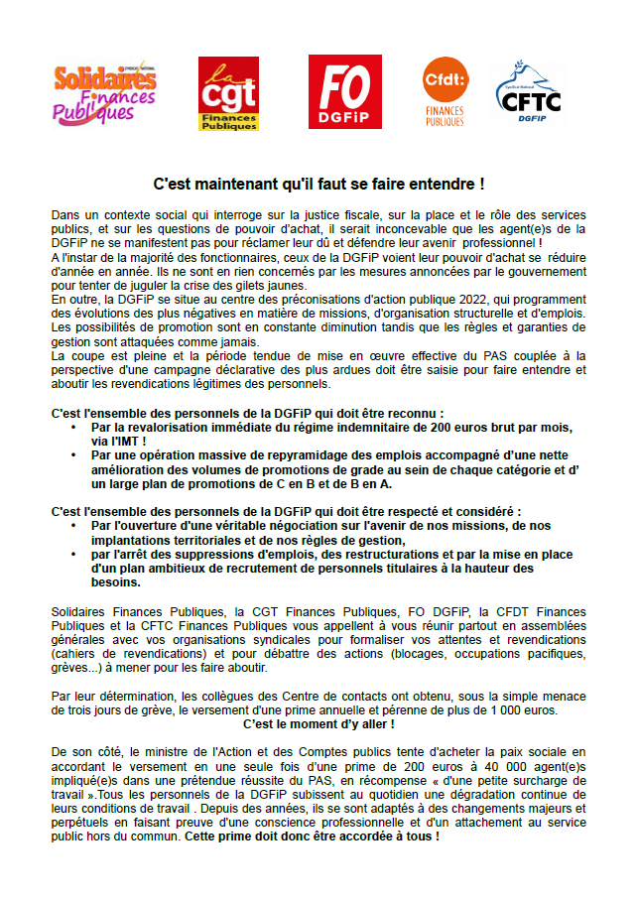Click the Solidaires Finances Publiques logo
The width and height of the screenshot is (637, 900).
tap(104, 91)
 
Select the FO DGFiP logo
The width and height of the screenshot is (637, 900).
tap(344, 92)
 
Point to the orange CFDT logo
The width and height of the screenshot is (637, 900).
tap(444, 91)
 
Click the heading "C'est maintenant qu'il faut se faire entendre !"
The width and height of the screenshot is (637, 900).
tap(318, 184)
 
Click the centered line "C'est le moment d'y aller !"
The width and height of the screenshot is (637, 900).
tap(318, 724)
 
